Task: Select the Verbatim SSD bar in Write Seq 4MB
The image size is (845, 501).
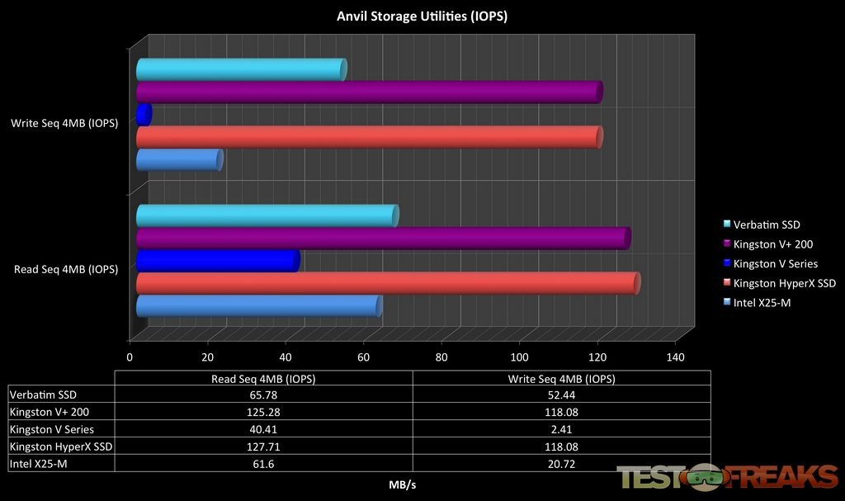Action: [240, 70]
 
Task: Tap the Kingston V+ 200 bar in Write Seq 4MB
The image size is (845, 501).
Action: [368, 92]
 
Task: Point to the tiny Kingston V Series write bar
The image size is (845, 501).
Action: [144, 115]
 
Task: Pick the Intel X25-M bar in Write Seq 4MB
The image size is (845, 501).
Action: [179, 160]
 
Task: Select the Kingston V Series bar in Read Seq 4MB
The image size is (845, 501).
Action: [216, 261]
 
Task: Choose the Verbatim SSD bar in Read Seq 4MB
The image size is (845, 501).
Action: [267, 216]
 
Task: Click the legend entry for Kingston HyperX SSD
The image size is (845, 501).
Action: [784, 283]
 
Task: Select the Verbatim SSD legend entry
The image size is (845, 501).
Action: [767, 225]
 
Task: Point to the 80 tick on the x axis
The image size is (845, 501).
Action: [441, 357]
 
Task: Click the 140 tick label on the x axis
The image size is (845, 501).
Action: [675, 357]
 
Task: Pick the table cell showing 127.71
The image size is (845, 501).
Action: [262, 447]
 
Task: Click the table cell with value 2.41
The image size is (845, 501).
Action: [560, 429]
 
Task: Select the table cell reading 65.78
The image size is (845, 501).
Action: [262, 395]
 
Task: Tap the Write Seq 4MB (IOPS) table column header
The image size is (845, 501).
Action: [560, 378]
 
